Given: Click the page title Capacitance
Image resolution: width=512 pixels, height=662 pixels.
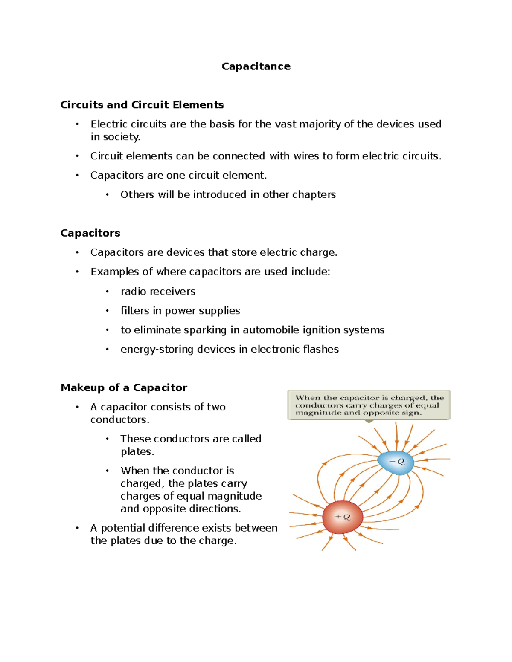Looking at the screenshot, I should [256, 66].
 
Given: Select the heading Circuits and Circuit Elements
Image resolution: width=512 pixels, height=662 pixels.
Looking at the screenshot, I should [142, 105].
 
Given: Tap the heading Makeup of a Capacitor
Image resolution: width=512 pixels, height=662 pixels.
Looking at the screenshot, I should [124, 387].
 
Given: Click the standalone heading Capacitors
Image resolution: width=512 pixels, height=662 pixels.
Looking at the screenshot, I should [90, 233].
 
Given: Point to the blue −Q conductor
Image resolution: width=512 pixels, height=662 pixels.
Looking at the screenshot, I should [396, 462].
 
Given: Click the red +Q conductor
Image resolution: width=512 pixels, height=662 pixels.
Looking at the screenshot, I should [342, 517].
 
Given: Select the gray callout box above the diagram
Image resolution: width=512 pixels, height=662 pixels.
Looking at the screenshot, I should [369, 405].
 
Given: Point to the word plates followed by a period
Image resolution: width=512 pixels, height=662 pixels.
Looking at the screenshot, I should [137, 451].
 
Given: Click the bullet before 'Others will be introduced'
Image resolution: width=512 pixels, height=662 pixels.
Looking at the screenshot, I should [107, 195].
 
